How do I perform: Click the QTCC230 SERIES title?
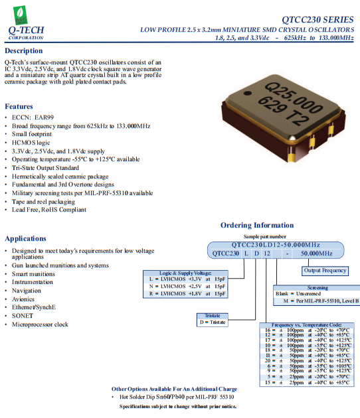pos(314,19)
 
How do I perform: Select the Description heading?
pos(24,51)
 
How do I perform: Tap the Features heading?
pos(19,106)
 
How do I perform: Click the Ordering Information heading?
pos(256,225)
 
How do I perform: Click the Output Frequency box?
pos(325,270)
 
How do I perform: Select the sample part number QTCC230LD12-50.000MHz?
pos(275,244)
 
